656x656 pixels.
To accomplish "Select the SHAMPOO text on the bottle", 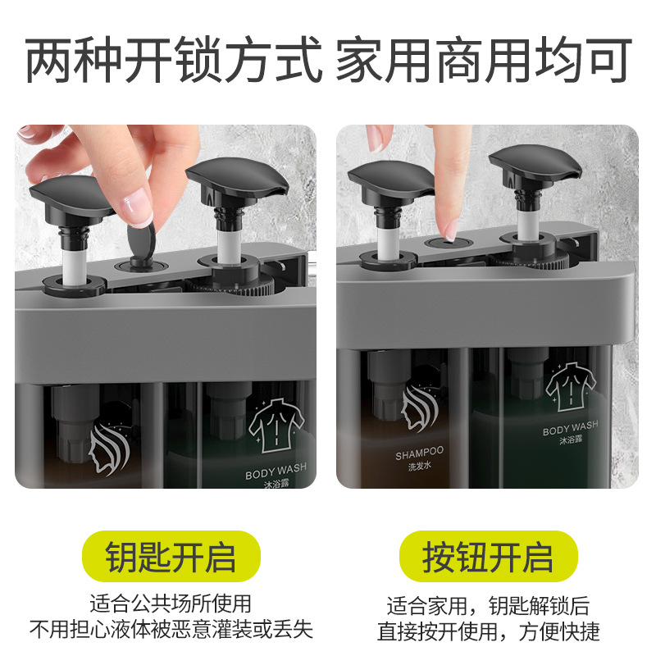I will [x=419, y=452].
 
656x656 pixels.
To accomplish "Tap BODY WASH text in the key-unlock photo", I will [x=276, y=473].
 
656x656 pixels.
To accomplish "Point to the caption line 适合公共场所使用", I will [x=171, y=605].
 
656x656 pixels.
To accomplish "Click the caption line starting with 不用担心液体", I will [x=171, y=630].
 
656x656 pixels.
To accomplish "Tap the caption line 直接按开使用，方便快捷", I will [x=488, y=631].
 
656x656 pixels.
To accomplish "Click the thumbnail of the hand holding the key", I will [x=165, y=306].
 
